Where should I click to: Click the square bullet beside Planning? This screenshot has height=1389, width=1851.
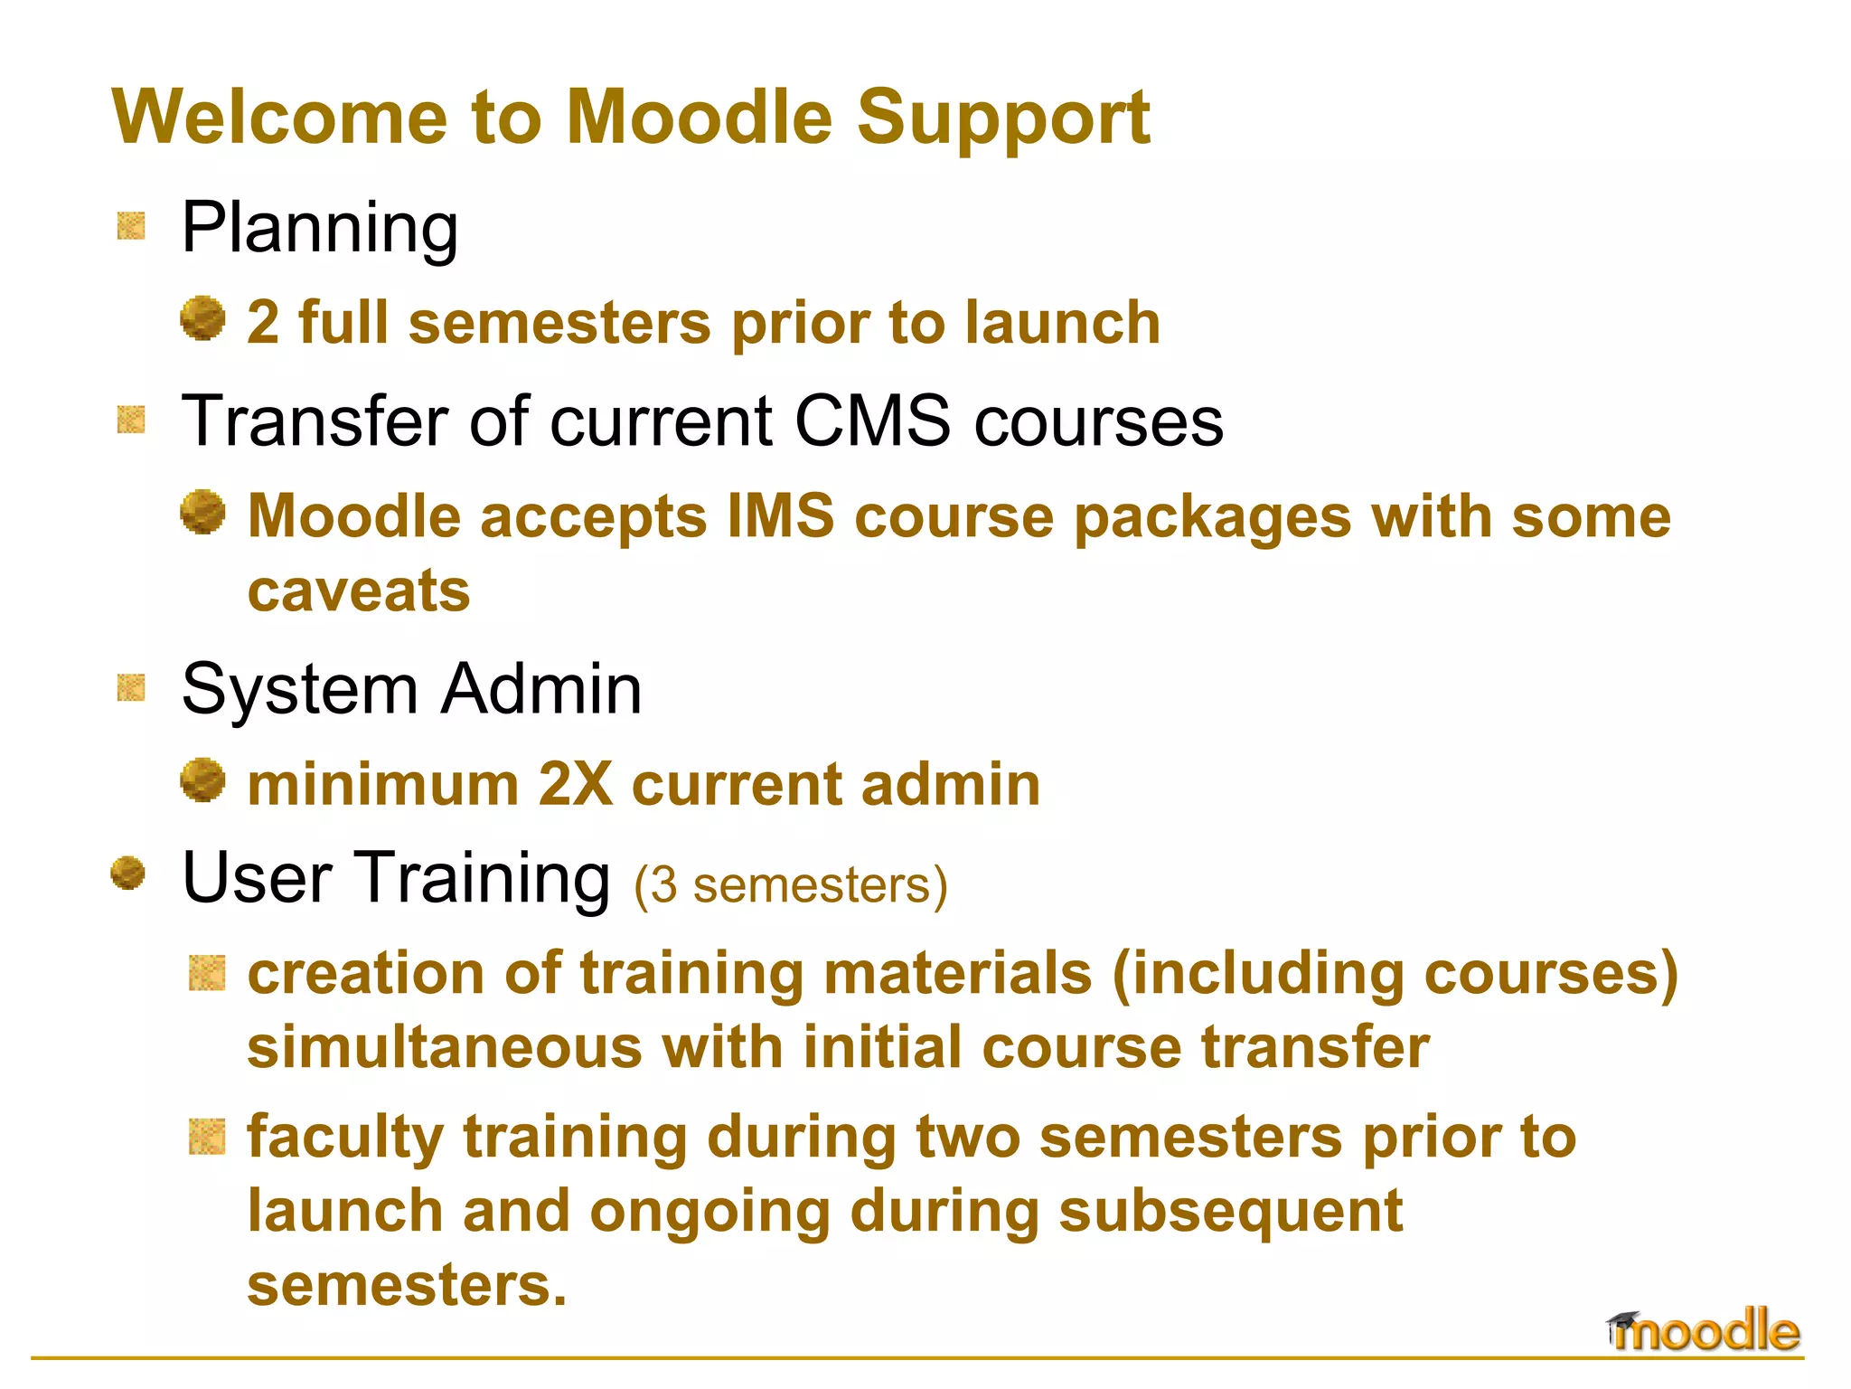click(131, 226)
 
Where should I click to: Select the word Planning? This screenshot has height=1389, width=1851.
click(320, 228)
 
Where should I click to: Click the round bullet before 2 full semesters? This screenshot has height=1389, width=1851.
click(202, 318)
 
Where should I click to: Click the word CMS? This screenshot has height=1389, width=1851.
click(872, 421)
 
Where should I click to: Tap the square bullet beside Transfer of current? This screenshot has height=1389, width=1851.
click(131, 420)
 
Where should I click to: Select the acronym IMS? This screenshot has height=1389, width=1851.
click(781, 517)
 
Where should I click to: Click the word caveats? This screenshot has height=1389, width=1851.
click(359, 591)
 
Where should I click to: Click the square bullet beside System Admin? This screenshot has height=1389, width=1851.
click(131, 688)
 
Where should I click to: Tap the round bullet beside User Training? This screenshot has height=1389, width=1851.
click(127, 874)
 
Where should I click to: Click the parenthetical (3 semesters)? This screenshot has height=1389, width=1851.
click(791, 884)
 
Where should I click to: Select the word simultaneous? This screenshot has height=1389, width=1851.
click(443, 1047)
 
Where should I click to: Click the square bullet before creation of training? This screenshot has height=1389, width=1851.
click(207, 973)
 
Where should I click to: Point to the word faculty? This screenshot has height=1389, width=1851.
click(344, 1138)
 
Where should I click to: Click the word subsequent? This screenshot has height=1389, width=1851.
click(1230, 1212)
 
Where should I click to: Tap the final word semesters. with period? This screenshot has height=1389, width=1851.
click(407, 1285)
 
